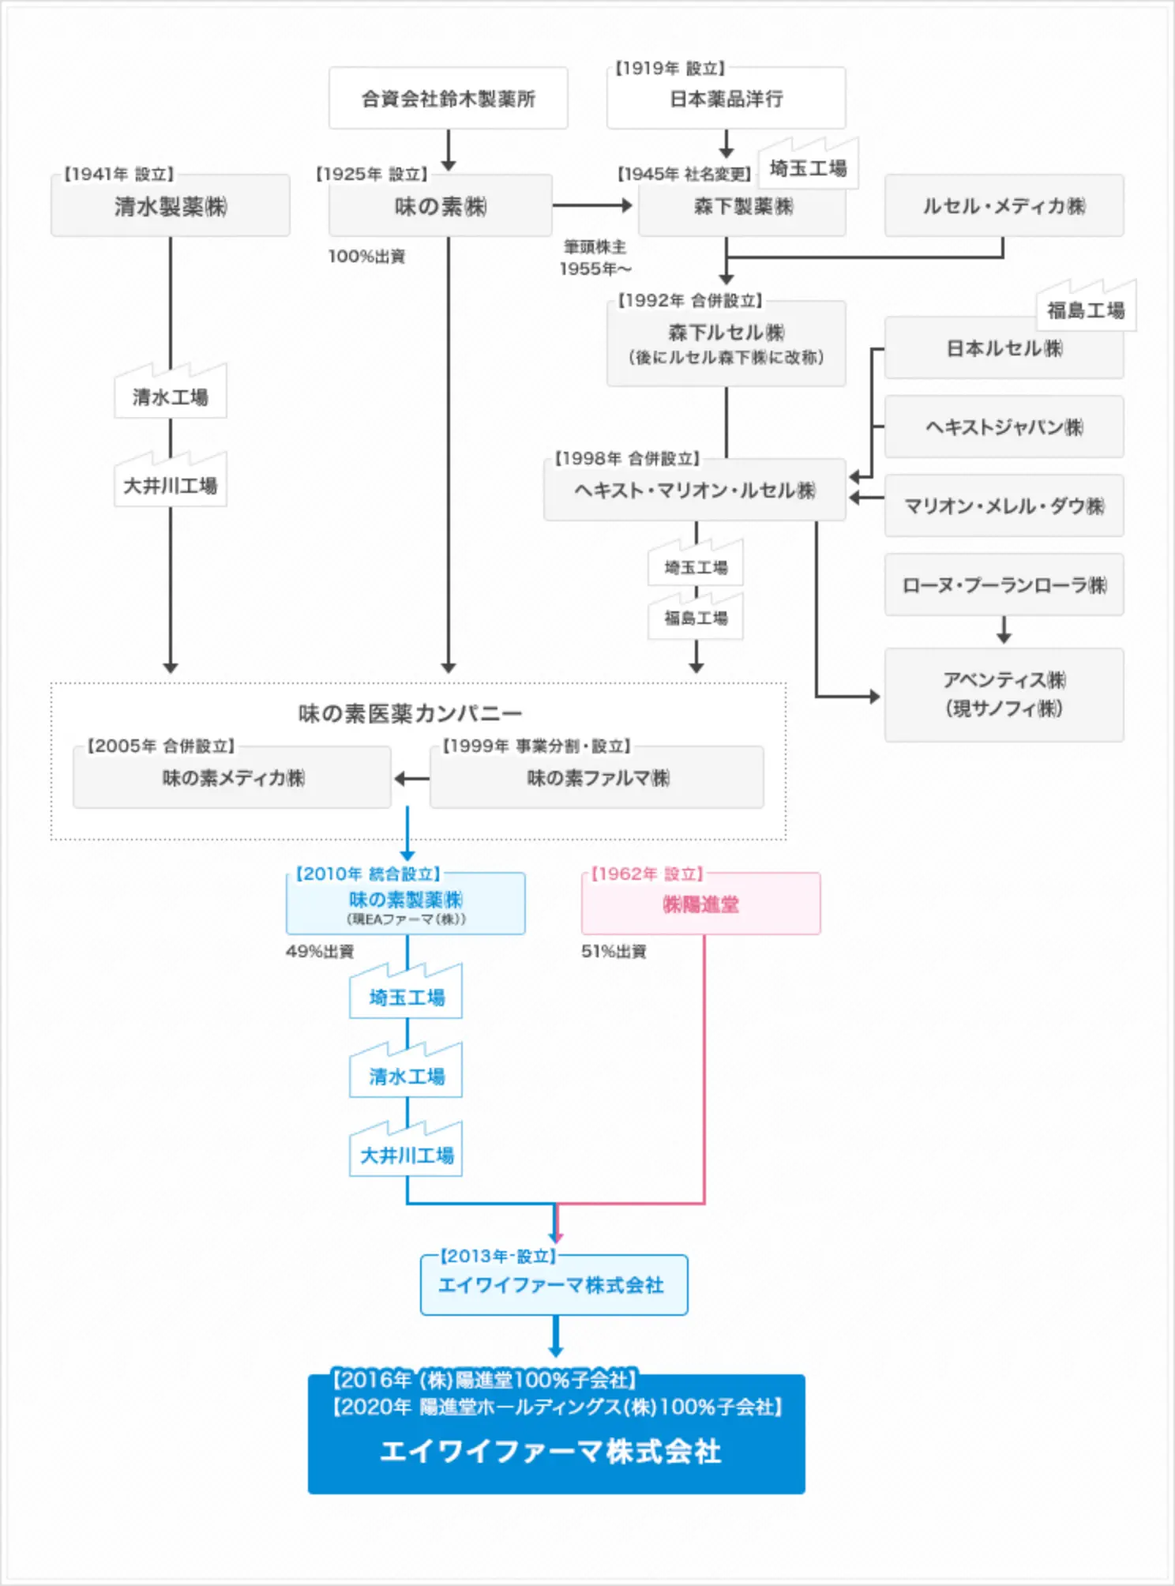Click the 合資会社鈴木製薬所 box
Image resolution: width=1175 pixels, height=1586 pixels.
[x=448, y=99]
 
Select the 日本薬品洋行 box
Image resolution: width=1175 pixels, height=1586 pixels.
[x=726, y=99]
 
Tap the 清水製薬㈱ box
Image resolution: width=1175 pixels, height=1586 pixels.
[x=171, y=207]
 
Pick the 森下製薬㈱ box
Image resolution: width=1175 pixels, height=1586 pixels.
[x=741, y=207]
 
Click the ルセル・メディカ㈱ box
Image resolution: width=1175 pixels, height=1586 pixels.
[x=1004, y=207]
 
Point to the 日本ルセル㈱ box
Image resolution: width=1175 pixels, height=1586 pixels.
[x=1004, y=349]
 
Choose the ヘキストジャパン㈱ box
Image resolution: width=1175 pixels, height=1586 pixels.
[x=1004, y=427]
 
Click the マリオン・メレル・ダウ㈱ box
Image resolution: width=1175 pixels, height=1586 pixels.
[x=1004, y=506]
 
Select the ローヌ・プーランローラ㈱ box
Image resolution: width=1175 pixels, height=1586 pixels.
[x=1004, y=585]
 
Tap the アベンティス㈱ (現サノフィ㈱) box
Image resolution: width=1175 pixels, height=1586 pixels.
[x=1004, y=695]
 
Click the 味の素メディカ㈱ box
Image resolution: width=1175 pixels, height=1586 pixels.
[x=232, y=778]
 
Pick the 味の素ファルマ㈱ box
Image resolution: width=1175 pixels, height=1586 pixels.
[x=597, y=778]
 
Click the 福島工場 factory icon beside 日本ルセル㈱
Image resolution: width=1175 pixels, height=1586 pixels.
[x=1086, y=308]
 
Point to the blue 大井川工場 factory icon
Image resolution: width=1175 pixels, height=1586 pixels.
[x=407, y=1153]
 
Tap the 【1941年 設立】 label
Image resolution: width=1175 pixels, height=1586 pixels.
[x=118, y=174]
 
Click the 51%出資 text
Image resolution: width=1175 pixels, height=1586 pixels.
[x=614, y=952]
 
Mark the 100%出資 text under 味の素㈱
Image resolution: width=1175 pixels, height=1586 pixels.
[x=366, y=257]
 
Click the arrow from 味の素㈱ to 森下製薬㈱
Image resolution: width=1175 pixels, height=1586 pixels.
[x=592, y=206]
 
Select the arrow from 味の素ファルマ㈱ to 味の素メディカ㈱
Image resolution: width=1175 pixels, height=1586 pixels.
[x=411, y=779]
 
